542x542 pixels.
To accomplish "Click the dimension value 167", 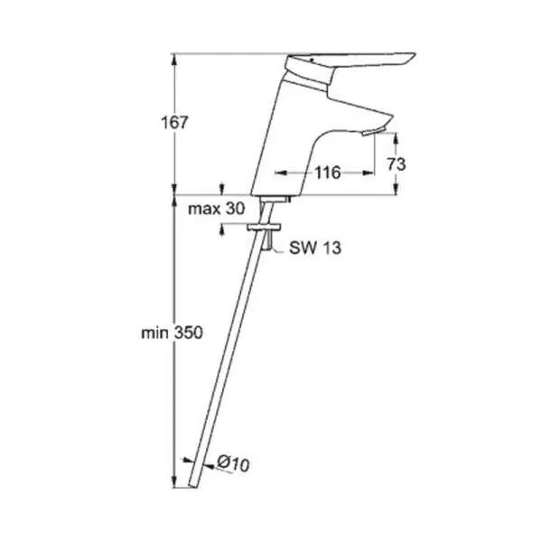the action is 175,123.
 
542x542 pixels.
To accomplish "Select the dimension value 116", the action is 327,173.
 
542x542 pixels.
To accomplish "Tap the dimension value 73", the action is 397,164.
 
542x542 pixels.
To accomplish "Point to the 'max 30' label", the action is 217,209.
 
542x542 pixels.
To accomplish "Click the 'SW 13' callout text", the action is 315,248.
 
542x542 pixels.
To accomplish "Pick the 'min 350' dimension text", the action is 172,332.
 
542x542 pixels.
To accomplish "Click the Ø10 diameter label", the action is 233,463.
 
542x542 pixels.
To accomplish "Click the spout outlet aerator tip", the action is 373,132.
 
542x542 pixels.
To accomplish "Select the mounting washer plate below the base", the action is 264,227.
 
